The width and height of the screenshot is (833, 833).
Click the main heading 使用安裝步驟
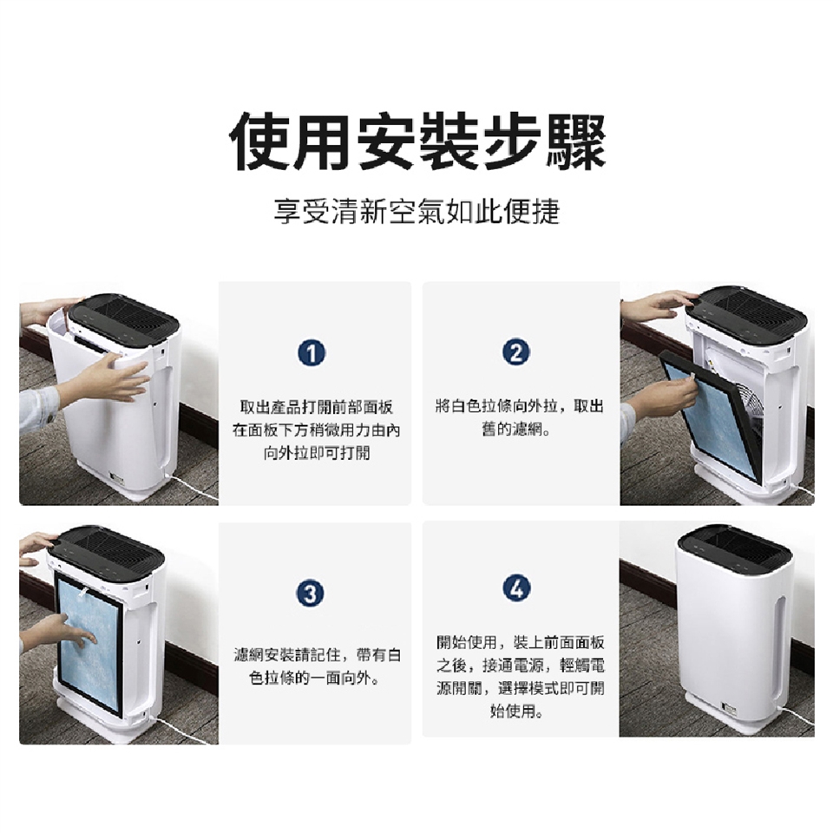[417, 141]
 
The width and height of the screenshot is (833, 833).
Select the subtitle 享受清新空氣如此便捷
[417, 212]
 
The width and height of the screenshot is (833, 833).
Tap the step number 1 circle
[312, 354]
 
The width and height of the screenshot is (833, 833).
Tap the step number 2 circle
[515, 351]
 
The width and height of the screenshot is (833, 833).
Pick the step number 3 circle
[311, 593]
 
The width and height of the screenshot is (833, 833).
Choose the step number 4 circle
[515, 588]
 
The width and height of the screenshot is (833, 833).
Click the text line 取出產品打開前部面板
[317, 408]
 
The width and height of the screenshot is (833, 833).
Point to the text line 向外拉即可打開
[317, 453]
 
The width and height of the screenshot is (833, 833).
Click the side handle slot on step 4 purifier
[778, 643]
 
